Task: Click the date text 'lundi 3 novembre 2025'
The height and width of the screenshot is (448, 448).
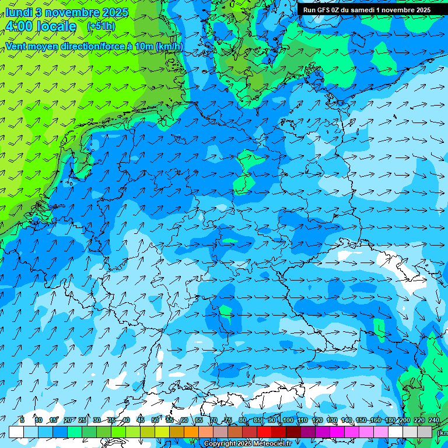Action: click(x=67, y=12)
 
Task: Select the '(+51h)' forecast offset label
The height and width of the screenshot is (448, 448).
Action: click(x=101, y=26)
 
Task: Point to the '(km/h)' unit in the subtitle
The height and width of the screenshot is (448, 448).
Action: click(x=169, y=46)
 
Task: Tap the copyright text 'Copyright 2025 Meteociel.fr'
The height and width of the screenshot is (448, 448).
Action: click(x=248, y=444)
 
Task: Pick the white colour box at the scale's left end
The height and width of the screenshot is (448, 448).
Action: click(x=16, y=432)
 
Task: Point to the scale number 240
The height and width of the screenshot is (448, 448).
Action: click(x=434, y=420)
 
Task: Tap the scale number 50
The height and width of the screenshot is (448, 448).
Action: click(x=155, y=420)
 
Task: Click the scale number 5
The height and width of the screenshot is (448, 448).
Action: click(x=22, y=420)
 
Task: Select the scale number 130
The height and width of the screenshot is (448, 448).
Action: click(x=332, y=420)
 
